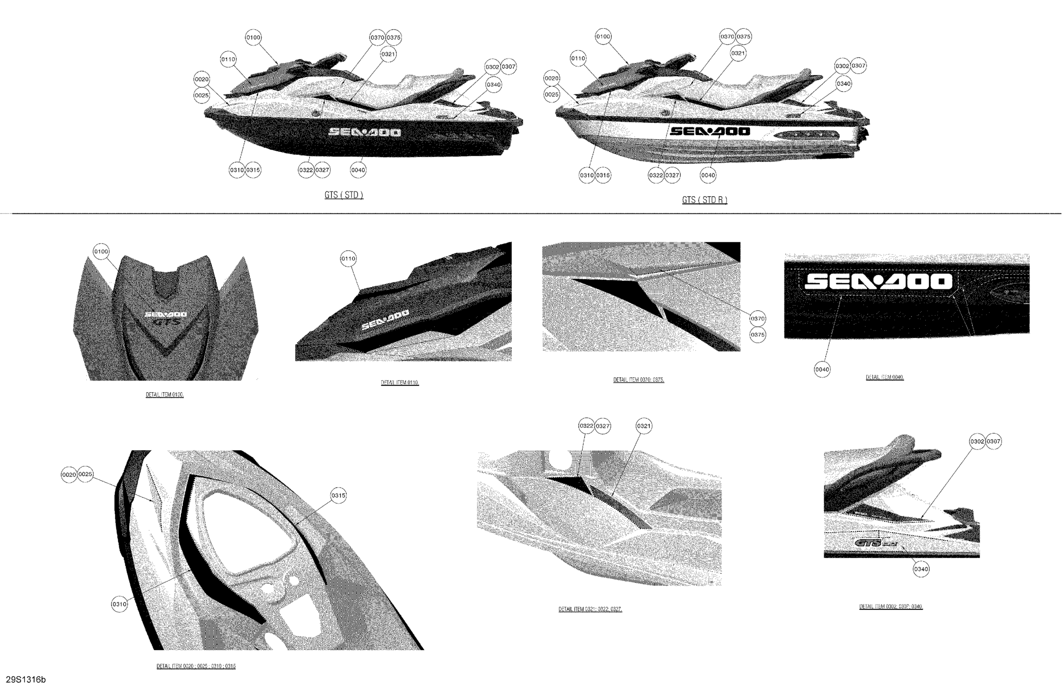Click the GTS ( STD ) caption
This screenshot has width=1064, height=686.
(344, 195)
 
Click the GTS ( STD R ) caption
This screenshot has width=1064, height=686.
(704, 200)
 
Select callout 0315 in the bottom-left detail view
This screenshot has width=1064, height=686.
(338, 496)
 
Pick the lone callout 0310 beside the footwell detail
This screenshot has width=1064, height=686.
(119, 604)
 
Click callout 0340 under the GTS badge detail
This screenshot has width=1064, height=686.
(921, 569)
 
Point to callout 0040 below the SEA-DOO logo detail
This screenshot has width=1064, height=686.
(822, 369)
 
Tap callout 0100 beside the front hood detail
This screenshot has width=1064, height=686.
(101, 252)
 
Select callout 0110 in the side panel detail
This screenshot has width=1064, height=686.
(348, 259)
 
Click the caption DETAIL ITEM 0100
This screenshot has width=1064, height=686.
(164, 395)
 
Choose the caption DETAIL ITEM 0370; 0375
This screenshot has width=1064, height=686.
(638, 380)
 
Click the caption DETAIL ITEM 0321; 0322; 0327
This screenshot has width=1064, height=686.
(590, 609)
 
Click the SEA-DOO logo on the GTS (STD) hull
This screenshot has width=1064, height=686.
(365, 132)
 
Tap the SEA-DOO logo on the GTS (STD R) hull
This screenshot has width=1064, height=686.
(710, 131)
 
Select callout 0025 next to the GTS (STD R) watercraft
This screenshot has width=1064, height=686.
(552, 94)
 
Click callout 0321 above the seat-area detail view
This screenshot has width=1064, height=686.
(644, 426)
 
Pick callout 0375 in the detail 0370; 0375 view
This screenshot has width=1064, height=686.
(758, 335)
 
